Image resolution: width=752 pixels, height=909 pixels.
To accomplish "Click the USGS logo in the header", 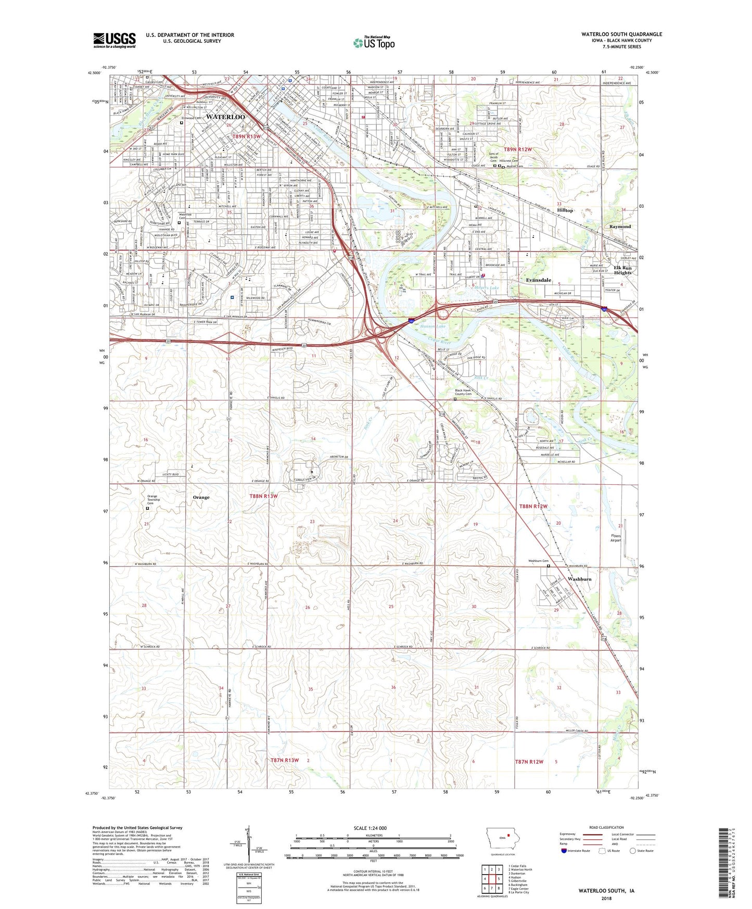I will [x=114, y=40].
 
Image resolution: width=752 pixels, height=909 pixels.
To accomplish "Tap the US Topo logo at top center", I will [x=373, y=43].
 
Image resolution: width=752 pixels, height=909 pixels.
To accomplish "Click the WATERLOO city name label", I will [x=225, y=117].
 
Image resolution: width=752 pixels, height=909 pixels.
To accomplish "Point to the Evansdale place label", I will [x=538, y=280].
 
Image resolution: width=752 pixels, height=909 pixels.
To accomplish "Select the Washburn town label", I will [x=579, y=579].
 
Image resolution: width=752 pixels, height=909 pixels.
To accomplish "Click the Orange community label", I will [x=201, y=497].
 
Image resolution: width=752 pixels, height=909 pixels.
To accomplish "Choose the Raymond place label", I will [x=620, y=226].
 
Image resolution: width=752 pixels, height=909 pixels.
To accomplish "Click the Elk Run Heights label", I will [x=622, y=270].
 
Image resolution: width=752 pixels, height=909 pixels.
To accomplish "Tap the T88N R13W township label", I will [x=263, y=496].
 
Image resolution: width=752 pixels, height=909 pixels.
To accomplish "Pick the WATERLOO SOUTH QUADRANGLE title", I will [x=621, y=34].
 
